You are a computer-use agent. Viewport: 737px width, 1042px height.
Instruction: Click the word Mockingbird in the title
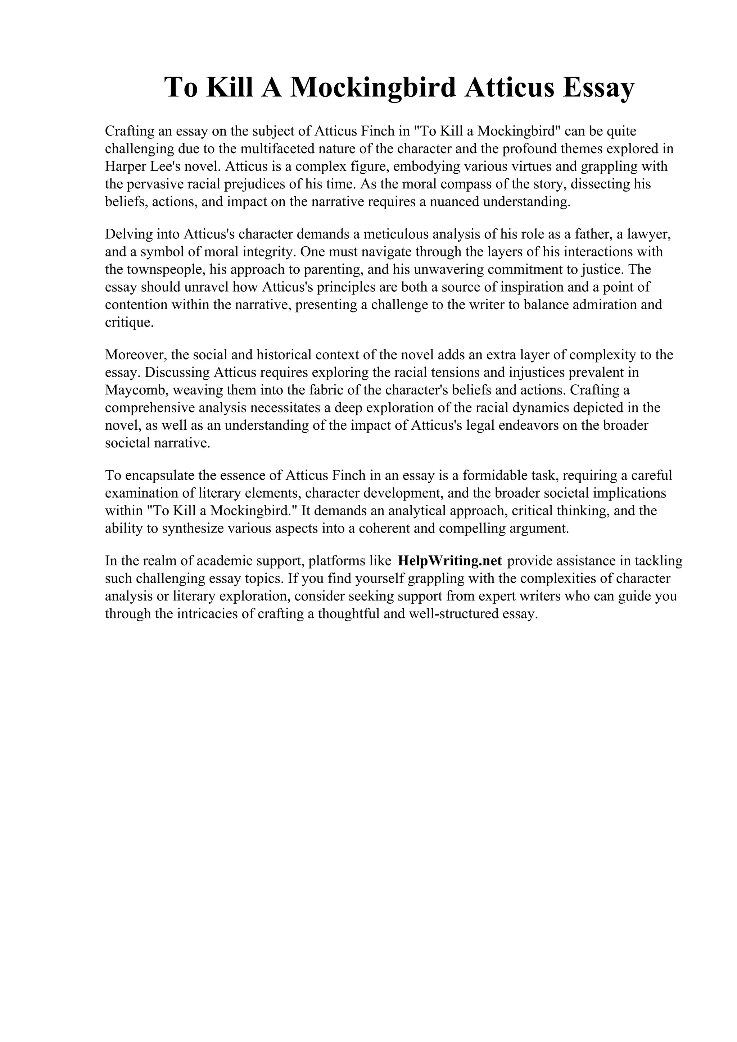[x=372, y=88]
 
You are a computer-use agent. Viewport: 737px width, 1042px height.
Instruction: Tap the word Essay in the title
[x=598, y=88]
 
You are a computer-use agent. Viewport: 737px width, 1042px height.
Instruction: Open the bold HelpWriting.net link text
[x=449, y=561]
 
